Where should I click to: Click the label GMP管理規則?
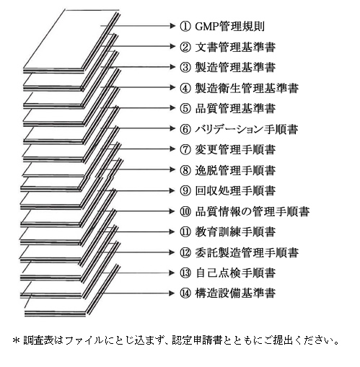pos(229,26)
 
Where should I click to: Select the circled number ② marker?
pos(185,47)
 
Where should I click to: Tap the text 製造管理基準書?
pos(235,67)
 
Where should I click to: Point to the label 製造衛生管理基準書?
pos(247,88)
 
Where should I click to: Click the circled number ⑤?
pos(185,108)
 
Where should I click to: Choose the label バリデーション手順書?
pos(247,129)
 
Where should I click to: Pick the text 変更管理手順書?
pos(235,149)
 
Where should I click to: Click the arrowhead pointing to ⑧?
pos(172,169)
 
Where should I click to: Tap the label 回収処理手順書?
pos(235,190)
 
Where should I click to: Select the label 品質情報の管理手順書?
pos(253,211)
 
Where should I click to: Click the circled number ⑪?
pos(185,232)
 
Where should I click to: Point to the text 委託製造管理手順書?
pos(247,252)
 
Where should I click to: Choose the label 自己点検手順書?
pos(235,273)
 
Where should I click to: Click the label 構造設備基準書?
pos(235,293)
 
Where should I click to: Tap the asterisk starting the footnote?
pos(17,341)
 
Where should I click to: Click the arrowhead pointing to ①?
pos(172,26)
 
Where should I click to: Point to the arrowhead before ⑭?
pos(172,293)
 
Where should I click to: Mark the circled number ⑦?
pos(185,149)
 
